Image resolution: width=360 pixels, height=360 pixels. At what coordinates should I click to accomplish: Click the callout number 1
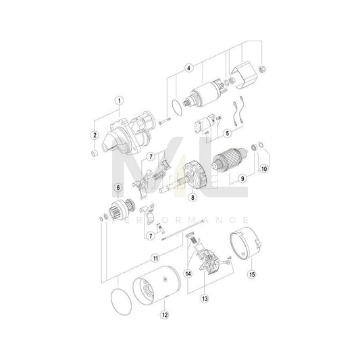pyautogui.click(x=119, y=102)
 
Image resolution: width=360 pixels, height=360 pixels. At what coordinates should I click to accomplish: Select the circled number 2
pyautogui.click(x=95, y=134)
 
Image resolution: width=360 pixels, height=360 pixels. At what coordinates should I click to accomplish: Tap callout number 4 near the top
pyautogui.click(x=190, y=68)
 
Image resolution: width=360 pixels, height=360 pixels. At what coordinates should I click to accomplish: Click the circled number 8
pyautogui.click(x=193, y=198)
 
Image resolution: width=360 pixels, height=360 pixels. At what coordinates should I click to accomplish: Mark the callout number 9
pyautogui.click(x=241, y=178)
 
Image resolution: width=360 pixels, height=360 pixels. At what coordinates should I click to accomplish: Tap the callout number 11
pyautogui.click(x=156, y=257)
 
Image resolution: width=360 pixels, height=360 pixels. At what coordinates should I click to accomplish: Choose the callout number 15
pyautogui.click(x=251, y=275)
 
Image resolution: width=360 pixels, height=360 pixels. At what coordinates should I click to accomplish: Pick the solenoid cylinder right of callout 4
pyautogui.click(x=207, y=94)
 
